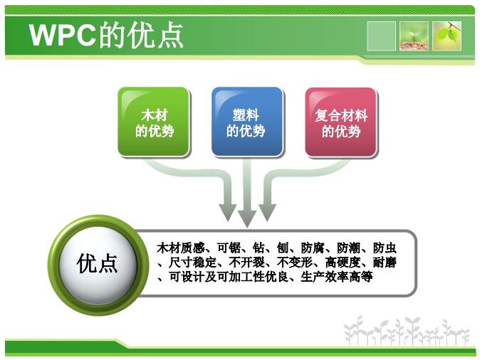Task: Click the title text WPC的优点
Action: [x=106, y=35]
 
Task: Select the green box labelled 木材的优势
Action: [x=154, y=122]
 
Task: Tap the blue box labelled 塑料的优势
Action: [x=247, y=122]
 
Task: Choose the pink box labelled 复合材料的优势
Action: [x=341, y=122]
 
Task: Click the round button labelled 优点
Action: [x=98, y=265]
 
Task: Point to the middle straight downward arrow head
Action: [x=247, y=218]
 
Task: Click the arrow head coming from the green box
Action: [x=228, y=212]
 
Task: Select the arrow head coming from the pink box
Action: [x=267, y=212]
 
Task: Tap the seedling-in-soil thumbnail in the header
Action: [x=414, y=36]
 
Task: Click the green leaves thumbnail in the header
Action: [x=447, y=36]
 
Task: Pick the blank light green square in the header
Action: [x=381, y=36]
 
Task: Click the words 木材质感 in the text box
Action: [x=181, y=248]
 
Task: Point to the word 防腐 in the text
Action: [x=313, y=248]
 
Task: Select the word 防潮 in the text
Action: [x=349, y=248]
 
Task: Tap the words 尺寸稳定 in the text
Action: [x=192, y=263]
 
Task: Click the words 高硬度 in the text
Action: [x=343, y=263]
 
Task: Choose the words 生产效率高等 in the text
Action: [x=336, y=277]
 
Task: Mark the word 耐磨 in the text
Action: [x=385, y=263]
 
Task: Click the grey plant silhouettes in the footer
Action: [x=406, y=331]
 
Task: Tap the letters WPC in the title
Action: [x=63, y=35]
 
